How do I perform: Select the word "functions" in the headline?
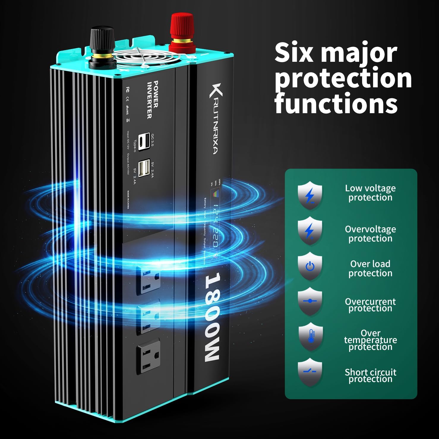(336, 103)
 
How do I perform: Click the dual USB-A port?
(145, 168)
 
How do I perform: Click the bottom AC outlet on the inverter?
(148, 357)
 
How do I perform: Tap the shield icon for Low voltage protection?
(310, 195)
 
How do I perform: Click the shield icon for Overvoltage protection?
(310, 231)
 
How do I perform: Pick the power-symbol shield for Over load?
(310, 266)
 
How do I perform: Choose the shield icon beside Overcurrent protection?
(310, 301)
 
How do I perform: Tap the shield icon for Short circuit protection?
(310, 372)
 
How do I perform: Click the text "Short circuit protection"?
(370, 375)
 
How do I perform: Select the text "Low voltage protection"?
(370, 193)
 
